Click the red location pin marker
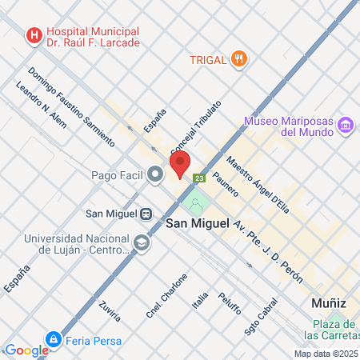pos(179,164)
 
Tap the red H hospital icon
pos(34,35)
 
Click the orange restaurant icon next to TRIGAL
pos(238,58)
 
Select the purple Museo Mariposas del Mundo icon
pos(346,125)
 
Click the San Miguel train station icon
pos(146,214)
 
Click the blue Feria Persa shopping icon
pos(54,339)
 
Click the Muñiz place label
pos(329,303)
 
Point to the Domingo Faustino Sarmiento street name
pos(71,106)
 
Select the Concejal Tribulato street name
pos(195,128)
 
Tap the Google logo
pos(26,350)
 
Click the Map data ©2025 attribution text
pos(326,354)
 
